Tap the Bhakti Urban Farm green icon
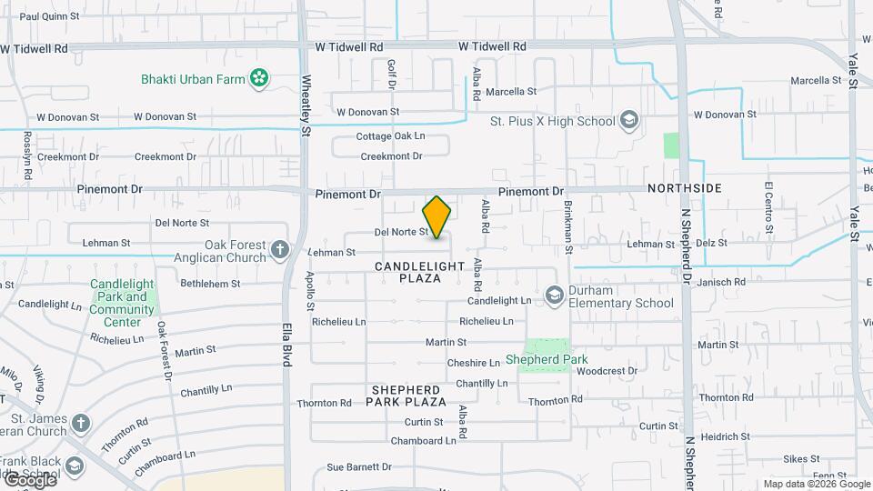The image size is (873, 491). coord(260,79)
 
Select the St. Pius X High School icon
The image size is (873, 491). coord(628,121)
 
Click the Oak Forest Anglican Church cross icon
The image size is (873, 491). coord(280,249)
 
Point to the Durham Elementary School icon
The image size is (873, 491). coord(555,296)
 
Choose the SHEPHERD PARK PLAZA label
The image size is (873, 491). coord(406,396)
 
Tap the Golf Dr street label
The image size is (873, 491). coord(393,74)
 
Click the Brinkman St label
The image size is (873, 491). coord(569,225)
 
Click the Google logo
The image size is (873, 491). coord(29,479)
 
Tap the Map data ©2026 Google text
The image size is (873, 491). coord(816,484)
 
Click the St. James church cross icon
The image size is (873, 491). coord(81,423)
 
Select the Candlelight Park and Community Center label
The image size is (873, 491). coord(122,304)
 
